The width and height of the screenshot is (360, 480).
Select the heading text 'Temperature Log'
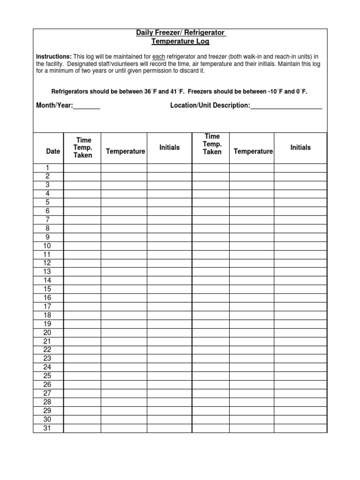(180, 41)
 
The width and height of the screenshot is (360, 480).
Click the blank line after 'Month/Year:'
(87, 106)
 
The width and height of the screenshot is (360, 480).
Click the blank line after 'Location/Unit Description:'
(286, 106)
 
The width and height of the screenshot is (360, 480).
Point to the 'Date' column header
(53, 151)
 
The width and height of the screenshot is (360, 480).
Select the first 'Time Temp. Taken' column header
(82, 148)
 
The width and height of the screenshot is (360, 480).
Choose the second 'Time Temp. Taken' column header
(212, 144)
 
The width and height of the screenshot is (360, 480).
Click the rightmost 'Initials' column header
(300, 147)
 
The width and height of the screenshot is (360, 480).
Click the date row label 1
(47, 168)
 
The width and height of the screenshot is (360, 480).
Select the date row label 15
(47, 289)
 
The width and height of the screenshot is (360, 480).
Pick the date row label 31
(47, 428)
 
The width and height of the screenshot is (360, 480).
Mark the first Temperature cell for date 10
(124, 246)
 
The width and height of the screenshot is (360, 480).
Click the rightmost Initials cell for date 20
(300, 333)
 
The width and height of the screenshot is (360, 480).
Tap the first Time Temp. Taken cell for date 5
(82, 202)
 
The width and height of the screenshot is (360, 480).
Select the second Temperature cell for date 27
(252, 393)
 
